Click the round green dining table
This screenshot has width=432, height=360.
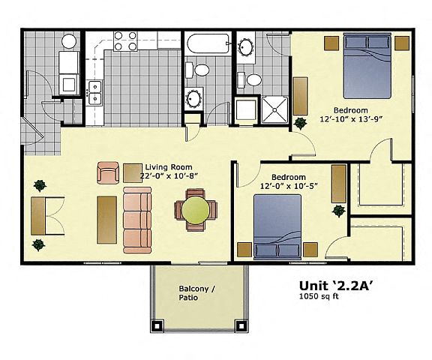click(x=195, y=210)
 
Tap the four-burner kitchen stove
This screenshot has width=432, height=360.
click(x=125, y=41)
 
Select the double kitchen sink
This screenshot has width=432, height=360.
click(x=95, y=93)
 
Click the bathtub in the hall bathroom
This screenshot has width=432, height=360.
click(x=208, y=43)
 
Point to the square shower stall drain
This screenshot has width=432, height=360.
click(x=274, y=110)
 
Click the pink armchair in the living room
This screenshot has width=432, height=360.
click(x=108, y=173)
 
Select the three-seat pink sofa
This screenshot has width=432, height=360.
click(x=137, y=220)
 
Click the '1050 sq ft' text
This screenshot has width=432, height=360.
click(x=319, y=296)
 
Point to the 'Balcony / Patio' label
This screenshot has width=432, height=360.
click(x=196, y=293)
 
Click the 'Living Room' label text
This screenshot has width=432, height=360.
click(x=169, y=167)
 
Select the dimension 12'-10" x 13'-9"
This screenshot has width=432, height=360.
click(x=351, y=119)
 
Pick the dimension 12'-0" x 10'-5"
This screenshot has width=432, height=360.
click(x=289, y=186)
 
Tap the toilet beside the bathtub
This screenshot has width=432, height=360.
click(x=197, y=70)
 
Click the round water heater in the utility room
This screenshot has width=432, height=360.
click(x=69, y=41)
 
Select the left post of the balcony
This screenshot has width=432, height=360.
click(x=157, y=325)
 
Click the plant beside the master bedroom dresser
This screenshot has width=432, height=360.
click(x=300, y=123)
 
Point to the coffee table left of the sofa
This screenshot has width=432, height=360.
click(x=107, y=220)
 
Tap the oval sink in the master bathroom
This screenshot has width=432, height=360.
click(x=246, y=47)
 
